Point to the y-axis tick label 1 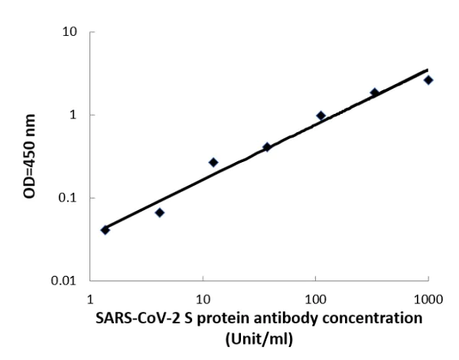tap(74, 115)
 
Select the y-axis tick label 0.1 tap(69, 198)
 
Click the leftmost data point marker tap(106, 229)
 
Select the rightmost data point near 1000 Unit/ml tap(428, 79)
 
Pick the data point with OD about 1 tap(321, 115)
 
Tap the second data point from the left tap(159, 212)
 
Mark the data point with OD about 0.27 tap(213, 162)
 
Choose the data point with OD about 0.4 tap(267, 147)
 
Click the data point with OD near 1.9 tap(374, 92)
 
